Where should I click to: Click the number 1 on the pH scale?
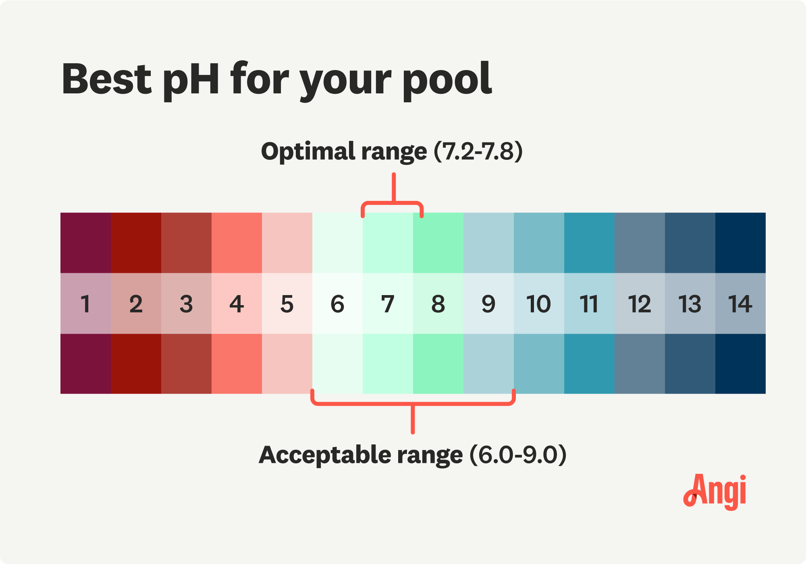[x=85, y=304]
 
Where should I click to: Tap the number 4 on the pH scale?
[x=237, y=304]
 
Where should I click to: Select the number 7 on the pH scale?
[x=388, y=304]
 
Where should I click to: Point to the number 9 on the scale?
[x=488, y=304]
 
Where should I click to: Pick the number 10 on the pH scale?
[x=538, y=304]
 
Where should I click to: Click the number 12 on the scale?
[x=640, y=304]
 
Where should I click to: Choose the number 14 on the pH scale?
[x=740, y=304]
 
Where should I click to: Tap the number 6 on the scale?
[x=337, y=304]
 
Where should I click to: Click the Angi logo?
[x=715, y=492]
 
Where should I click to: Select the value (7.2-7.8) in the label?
[x=478, y=152]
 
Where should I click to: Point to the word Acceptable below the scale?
[x=325, y=455]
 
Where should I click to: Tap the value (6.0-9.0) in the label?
[x=518, y=455]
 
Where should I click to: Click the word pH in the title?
[x=191, y=79]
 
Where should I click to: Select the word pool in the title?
[x=448, y=79]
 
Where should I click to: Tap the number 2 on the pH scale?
[x=136, y=304]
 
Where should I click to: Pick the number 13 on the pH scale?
[x=690, y=304]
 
